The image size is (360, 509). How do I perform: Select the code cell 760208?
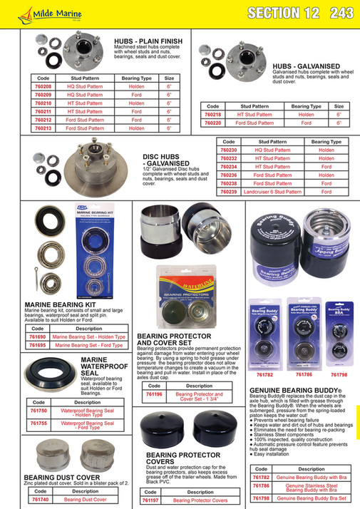pyautogui.click(x=43, y=86)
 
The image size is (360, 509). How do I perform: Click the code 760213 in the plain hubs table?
pyautogui.click(x=43, y=128)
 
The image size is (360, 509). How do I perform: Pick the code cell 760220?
pyautogui.click(x=213, y=123)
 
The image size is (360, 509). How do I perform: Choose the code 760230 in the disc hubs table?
pyautogui.click(x=229, y=150)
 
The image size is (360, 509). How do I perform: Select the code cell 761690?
pyautogui.click(x=37, y=336)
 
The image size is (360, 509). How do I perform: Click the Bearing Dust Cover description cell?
pyautogui.click(x=86, y=500)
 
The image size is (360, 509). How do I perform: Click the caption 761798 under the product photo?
pyautogui.click(x=339, y=374)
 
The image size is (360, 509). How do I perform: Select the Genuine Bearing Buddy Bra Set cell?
pyautogui.click(x=311, y=498)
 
